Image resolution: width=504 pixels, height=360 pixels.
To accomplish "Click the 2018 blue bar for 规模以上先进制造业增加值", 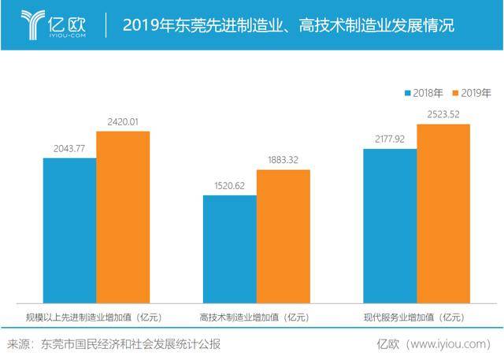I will click(69, 230).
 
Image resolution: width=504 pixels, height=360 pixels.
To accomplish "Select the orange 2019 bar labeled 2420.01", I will click(123, 217).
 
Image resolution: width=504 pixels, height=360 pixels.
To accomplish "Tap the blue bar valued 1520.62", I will click(230, 248).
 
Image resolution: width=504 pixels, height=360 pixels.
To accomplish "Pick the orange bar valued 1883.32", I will click(283, 236).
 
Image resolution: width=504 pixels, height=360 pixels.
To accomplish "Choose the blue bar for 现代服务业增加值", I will click(390, 225).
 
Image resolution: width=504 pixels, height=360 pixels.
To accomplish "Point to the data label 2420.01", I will click(122, 122).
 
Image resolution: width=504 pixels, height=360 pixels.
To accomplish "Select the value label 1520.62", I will click(230, 187).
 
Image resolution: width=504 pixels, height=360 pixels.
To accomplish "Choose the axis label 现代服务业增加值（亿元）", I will click(417, 317).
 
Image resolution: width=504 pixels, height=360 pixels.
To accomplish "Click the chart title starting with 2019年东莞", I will click(288, 25).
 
